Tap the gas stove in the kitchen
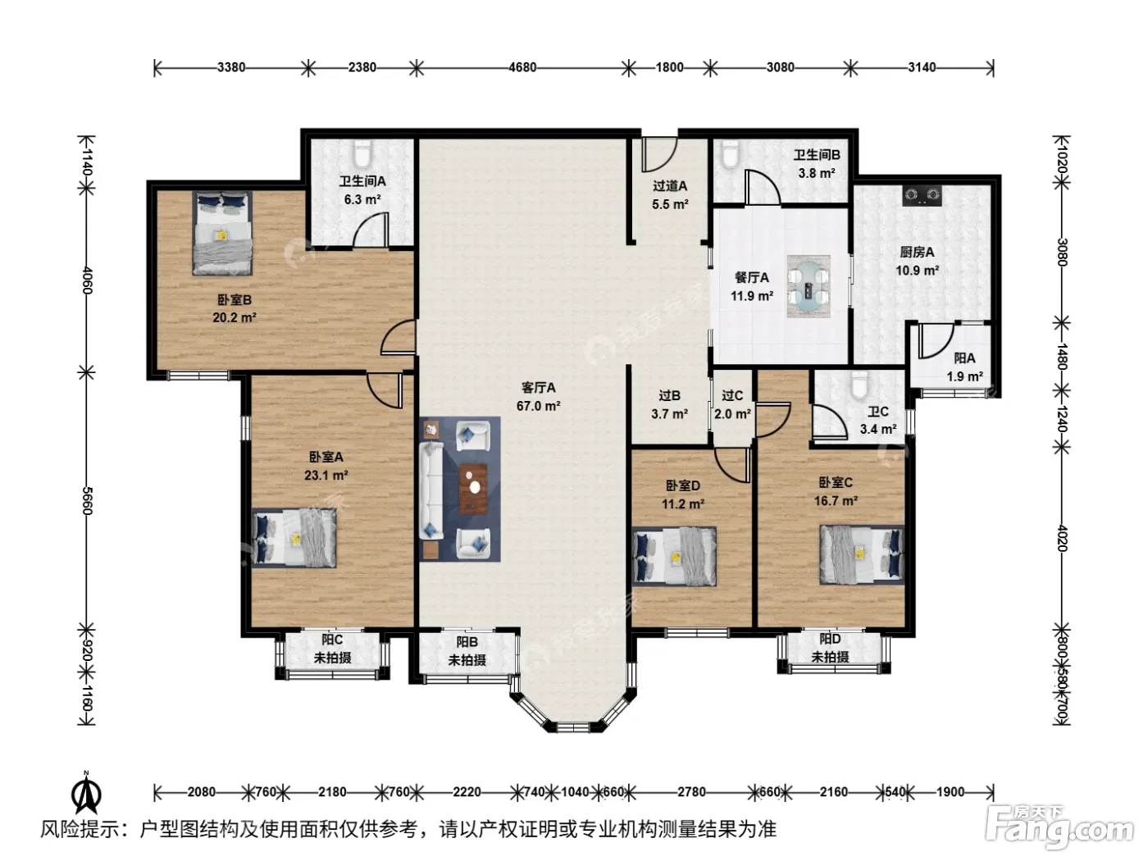point(922,194)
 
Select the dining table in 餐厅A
point(809,286)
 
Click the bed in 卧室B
point(222,233)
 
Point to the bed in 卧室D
point(674,556)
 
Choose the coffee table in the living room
point(473,488)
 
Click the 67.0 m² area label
point(538,406)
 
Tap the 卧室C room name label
point(836,482)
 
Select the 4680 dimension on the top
point(522,67)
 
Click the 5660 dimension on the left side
point(88,500)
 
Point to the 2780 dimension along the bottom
point(691,792)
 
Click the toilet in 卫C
point(859,385)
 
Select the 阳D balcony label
point(830,639)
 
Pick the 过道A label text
point(670,185)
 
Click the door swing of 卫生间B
point(763,187)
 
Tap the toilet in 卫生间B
point(728,153)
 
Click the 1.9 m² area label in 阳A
point(964,376)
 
